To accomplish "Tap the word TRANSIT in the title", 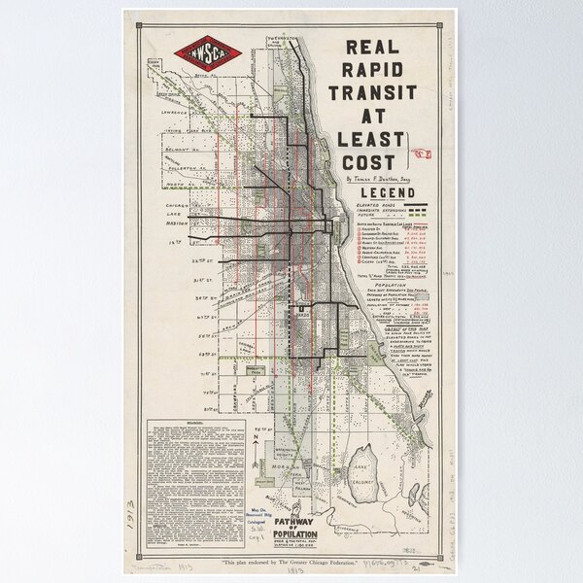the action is tap(373, 93).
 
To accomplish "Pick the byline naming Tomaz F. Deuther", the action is tap(379, 179).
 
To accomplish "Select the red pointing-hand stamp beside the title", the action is tap(423, 152).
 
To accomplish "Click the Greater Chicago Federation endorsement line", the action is tap(291, 565).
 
